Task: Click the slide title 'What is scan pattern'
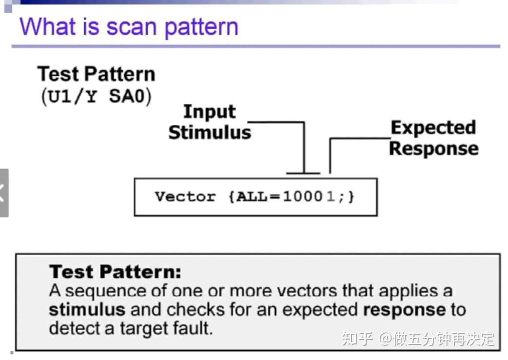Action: (129, 26)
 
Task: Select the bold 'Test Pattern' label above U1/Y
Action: (97, 74)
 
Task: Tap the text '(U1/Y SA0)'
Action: (97, 96)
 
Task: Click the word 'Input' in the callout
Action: (209, 112)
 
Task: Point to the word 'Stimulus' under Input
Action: (210, 132)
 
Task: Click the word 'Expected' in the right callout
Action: (433, 128)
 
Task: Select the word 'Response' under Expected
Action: (433, 148)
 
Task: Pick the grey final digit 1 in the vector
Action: (330, 197)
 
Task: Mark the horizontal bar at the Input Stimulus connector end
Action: (303, 172)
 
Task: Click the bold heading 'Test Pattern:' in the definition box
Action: (115, 271)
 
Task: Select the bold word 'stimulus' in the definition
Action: (87, 309)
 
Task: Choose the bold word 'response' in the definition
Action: (404, 309)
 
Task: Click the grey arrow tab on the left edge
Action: (4, 192)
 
